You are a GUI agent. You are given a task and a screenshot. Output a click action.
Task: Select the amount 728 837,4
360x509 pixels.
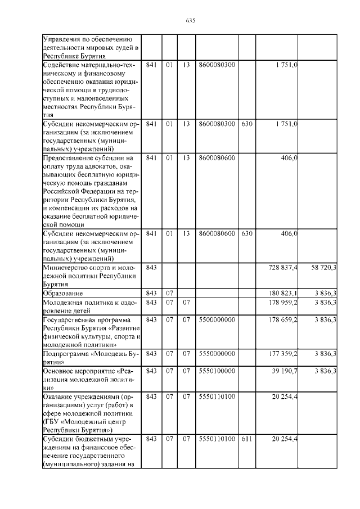pos(284,268)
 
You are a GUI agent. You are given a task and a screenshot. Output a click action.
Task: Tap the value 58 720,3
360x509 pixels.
pos(324,268)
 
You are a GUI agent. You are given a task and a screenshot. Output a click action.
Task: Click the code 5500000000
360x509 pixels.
pos(217,319)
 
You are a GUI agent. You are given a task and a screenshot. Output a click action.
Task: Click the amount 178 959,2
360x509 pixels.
pos(284,303)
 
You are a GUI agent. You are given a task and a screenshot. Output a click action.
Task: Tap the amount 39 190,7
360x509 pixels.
pos(286,371)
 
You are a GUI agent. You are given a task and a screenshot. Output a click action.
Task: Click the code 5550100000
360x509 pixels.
pos(217,371)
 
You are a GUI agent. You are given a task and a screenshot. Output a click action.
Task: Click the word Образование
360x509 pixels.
pos(63,294)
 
